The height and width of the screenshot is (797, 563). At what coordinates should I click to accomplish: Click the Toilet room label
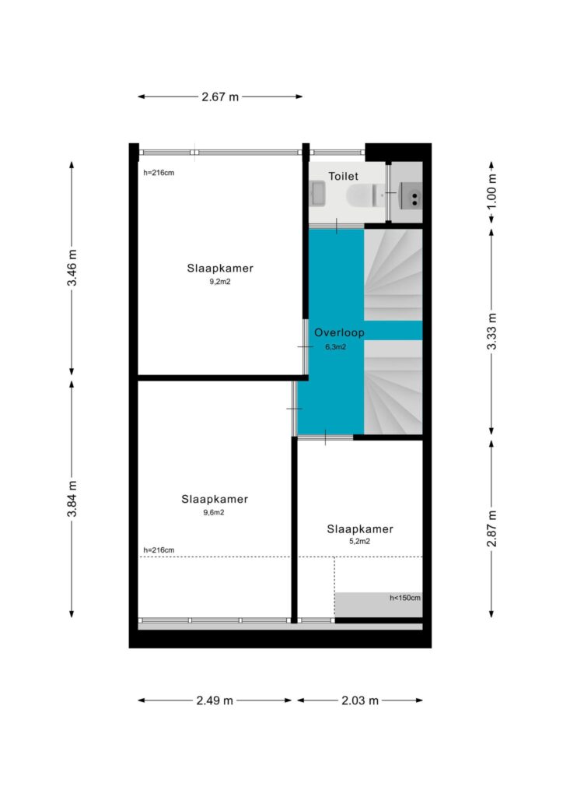coord(343,176)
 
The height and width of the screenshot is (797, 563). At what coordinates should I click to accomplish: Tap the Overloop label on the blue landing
coord(339,333)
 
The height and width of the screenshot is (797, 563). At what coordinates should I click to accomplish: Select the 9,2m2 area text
coord(220,282)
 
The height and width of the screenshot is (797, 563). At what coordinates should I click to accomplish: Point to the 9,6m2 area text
coord(214,512)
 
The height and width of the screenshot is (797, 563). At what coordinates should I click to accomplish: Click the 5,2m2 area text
coord(359,542)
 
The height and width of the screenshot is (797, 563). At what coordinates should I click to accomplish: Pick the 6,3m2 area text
coord(336,347)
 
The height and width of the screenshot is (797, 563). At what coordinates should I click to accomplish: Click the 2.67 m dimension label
coord(220,97)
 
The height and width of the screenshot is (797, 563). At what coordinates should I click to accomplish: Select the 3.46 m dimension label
coord(72,268)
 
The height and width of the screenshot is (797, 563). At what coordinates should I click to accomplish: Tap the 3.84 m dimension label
coord(72,499)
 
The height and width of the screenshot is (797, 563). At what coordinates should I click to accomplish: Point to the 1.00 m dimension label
coord(491,191)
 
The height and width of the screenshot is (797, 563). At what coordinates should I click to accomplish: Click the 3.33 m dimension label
coord(491,332)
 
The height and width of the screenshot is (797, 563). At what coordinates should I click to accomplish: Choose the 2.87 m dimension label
coord(491,528)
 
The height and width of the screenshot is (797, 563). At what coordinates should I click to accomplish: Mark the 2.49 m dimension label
coord(215,700)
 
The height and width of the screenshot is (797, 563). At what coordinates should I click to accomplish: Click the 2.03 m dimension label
coord(360,700)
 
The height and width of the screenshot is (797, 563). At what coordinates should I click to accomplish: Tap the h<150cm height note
coord(405,598)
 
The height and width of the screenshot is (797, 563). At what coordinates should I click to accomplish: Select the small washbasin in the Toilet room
coord(317,194)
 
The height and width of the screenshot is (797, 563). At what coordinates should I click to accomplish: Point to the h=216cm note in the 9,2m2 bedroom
coord(159,173)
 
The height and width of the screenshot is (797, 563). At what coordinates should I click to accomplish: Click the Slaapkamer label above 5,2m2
coord(360,529)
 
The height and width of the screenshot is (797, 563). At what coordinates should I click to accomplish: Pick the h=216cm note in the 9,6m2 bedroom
coord(159,550)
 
